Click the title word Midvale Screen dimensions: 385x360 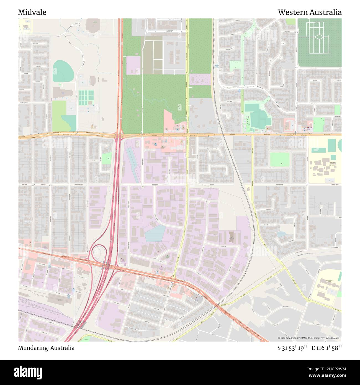32,12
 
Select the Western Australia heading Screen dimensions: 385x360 310,12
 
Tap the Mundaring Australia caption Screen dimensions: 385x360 46,348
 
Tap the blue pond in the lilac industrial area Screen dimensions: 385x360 155,233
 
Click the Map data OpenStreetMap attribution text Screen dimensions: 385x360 309,338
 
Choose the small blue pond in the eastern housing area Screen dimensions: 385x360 281,234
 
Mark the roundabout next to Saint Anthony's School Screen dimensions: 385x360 308,301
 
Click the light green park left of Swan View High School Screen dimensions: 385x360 279,160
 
